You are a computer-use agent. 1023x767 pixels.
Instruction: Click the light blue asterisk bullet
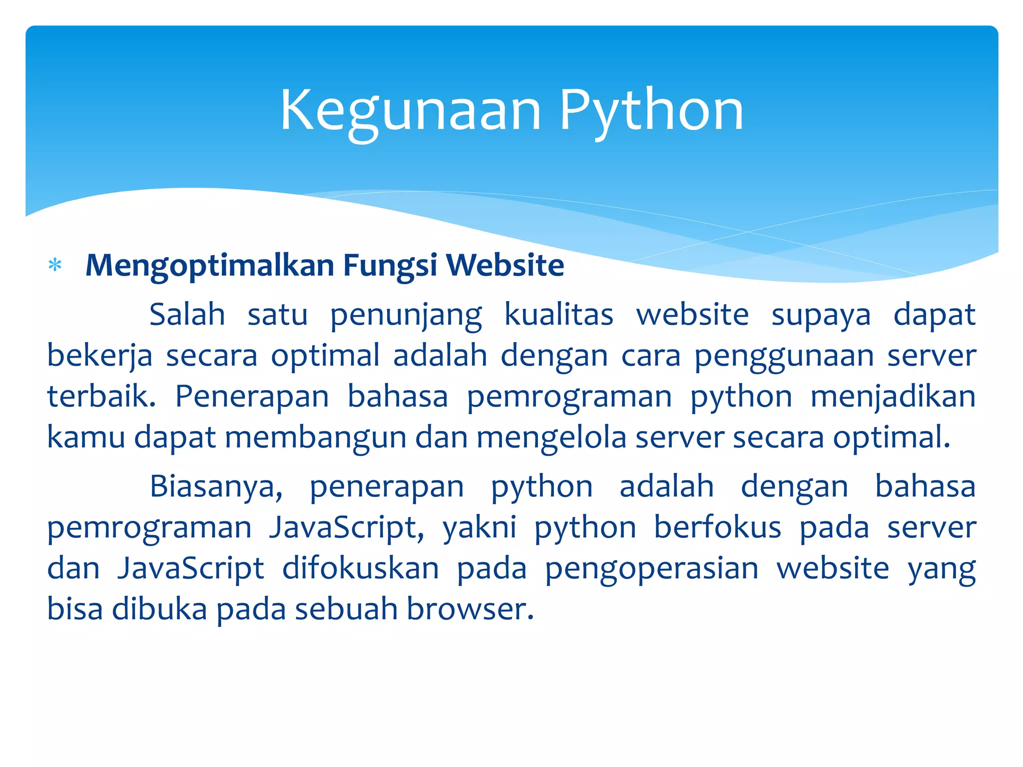tap(55, 265)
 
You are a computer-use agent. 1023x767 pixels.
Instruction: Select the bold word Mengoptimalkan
tap(210, 265)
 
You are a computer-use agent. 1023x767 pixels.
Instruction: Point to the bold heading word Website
tap(505, 265)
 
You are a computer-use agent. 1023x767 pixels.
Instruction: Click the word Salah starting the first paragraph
tap(187, 315)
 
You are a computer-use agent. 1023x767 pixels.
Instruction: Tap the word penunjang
tap(406, 316)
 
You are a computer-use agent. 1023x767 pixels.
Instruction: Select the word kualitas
tap(558, 315)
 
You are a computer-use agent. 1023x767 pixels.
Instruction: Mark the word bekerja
tap(99, 356)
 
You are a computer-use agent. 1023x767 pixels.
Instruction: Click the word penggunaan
tap(784, 357)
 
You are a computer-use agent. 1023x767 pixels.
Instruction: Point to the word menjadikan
tap(893, 397)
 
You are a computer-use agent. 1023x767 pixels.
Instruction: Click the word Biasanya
tap(216, 487)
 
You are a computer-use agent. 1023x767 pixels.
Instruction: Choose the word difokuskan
tap(361, 568)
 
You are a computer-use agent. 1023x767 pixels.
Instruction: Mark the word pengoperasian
tap(651, 569)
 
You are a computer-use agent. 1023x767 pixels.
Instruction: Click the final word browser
tap(470, 609)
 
